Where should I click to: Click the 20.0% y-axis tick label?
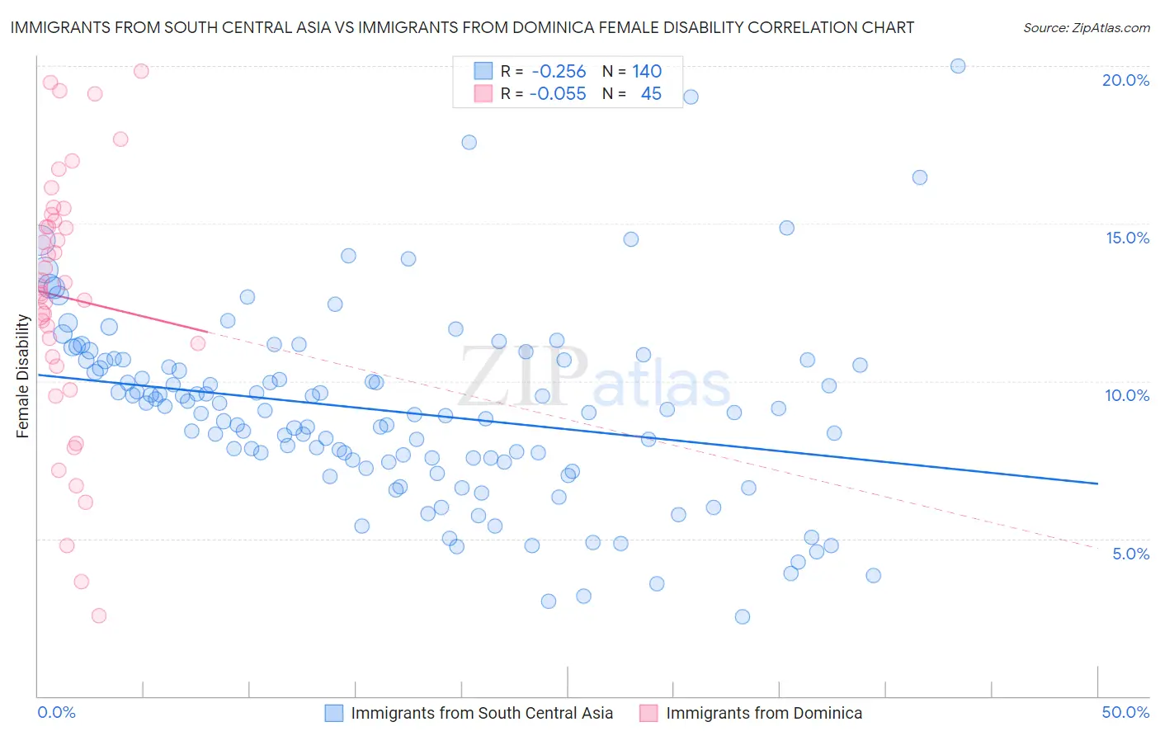tap(1125, 80)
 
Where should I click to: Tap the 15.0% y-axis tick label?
tap(1127, 238)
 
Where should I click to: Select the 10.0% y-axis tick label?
tap(1127, 395)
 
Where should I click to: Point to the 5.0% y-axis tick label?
tap(1130, 554)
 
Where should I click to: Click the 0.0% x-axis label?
tap(56, 713)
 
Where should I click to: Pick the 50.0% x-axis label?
tap(1125, 713)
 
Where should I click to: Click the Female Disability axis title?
tap(22, 375)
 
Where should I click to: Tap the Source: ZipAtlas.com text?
tap(1086, 27)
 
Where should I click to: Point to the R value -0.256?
tap(559, 72)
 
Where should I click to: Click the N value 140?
tap(647, 72)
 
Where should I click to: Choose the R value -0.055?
tap(559, 94)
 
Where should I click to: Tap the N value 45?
tap(651, 94)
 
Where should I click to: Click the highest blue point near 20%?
tap(958, 66)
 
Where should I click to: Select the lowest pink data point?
tap(99, 616)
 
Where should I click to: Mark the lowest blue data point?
tap(743, 616)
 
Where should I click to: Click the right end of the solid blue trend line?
tap(1097, 484)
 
